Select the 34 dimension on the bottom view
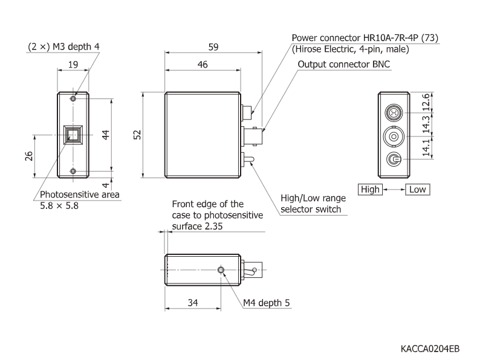tap(193, 301)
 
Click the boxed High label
tap(369, 189)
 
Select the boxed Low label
tap(417, 189)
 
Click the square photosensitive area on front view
tap(73, 134)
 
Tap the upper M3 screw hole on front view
tap(73, 98)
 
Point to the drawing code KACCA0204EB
tap(430, 349)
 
